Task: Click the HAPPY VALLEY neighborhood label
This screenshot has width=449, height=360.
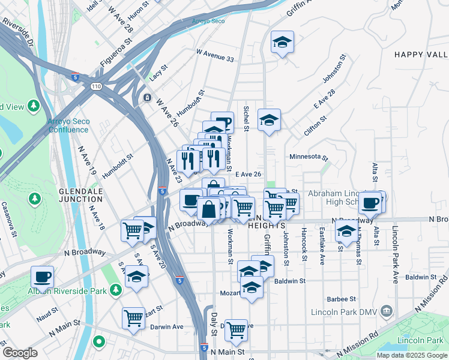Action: point(421,55)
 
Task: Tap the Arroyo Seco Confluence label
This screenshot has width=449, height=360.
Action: point(68,125)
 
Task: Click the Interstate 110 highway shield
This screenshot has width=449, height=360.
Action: point(96,87)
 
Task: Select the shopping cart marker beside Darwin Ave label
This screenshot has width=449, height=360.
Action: point(133,318)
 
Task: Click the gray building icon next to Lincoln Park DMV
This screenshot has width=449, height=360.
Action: point(387,311)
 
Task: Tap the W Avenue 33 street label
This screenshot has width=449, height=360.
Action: point(214,53)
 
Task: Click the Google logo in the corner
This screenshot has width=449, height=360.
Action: point(20,353)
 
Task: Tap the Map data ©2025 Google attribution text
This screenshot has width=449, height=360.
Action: point(412,355)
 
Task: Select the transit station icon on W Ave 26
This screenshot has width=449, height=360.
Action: point(147,98)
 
